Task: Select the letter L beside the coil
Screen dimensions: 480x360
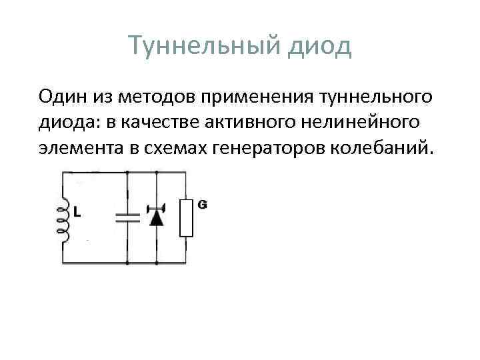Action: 77,214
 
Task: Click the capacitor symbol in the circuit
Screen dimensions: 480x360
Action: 127,216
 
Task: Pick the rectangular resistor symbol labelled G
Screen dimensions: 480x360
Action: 186,217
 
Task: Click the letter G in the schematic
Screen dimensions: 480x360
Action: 201,205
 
